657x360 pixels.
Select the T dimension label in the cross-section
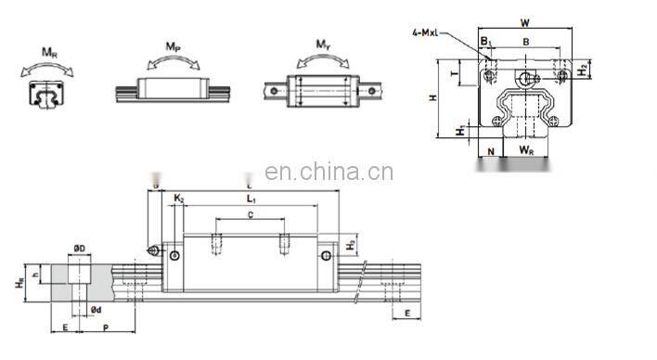454,70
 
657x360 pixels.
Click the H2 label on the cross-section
580,68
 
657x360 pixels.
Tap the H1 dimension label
462,131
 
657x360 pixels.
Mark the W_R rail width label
525,148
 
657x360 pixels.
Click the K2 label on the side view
179,199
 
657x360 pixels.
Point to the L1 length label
251,199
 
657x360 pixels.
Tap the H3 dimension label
349,245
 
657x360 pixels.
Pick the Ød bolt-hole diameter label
95,309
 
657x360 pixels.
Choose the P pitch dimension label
105,327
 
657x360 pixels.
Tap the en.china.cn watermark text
328,173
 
